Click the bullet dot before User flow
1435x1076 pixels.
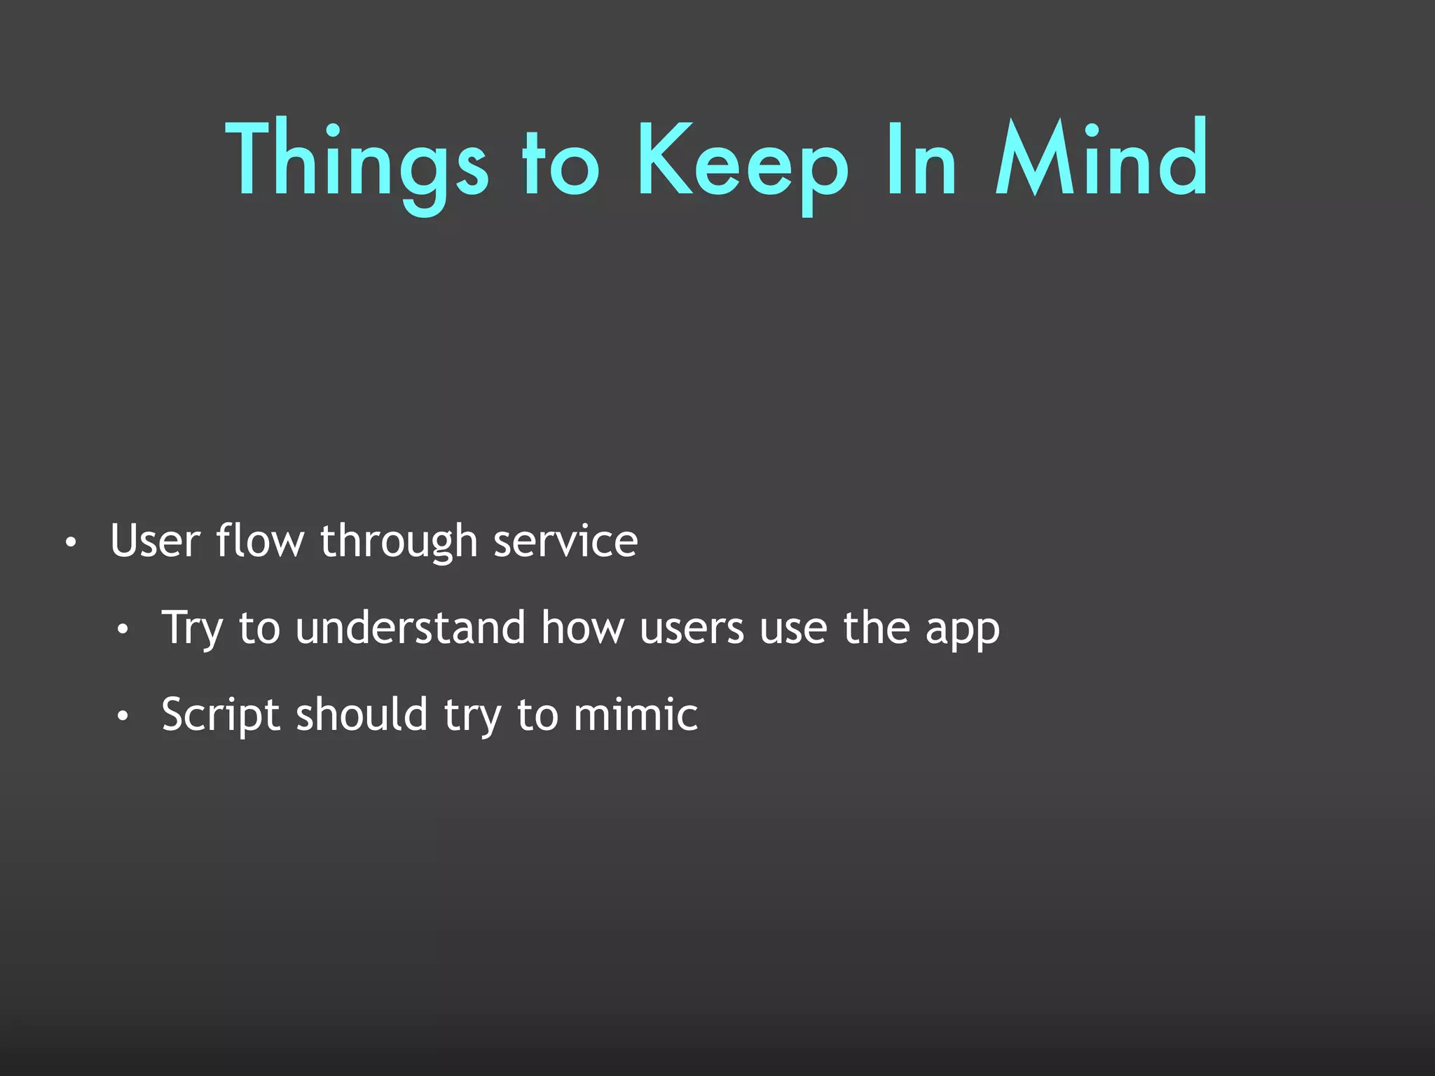(x=69, y=543)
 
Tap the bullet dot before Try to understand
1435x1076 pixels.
(x=123, y=630)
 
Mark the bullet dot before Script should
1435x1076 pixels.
(x=123, y=717)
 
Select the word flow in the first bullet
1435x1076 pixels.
(x=260, y=541)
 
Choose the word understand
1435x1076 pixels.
(x=410, y=628)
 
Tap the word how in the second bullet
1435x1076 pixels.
(x=582, y=628)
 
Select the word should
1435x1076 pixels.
(x=362, y=715)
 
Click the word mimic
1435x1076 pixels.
(x=636, y=715)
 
